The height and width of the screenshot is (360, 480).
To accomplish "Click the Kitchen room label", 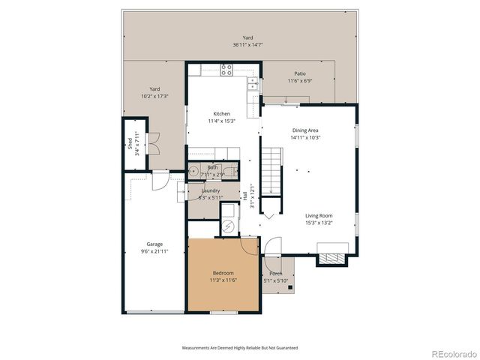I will point(221,113).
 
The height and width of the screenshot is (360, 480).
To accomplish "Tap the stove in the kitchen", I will point(227,70).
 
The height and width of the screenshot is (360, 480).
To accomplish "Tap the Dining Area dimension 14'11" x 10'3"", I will point(306,138).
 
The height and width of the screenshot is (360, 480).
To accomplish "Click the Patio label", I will point(299,73).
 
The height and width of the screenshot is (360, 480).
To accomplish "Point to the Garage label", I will point(154,244).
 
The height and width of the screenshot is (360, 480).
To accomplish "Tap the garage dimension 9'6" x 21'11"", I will point(154,251).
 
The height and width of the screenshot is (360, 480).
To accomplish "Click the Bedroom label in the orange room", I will point(223,272).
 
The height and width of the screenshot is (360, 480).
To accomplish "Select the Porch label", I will point(276,274).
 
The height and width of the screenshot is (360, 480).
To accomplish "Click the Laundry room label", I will point(211,191).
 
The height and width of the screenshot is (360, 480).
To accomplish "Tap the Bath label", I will point(213,167).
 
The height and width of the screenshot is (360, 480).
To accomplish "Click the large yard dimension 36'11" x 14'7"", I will point(247,45).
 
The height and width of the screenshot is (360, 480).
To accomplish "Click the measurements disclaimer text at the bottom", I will point(240,348).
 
